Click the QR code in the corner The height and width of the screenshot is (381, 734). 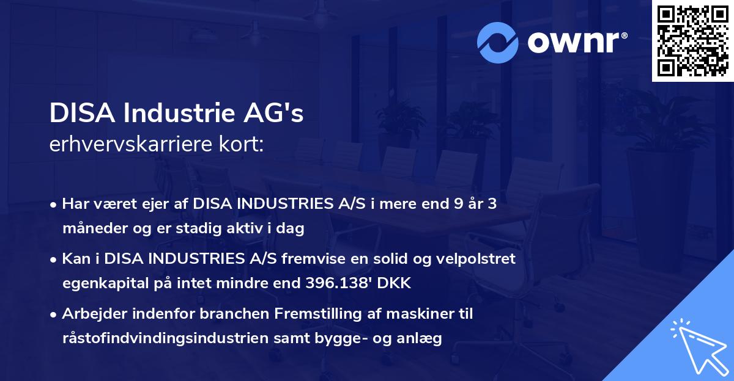[692, 40]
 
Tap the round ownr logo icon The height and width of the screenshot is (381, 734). [499, 43]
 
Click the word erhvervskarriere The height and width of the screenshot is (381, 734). [121, 145]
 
